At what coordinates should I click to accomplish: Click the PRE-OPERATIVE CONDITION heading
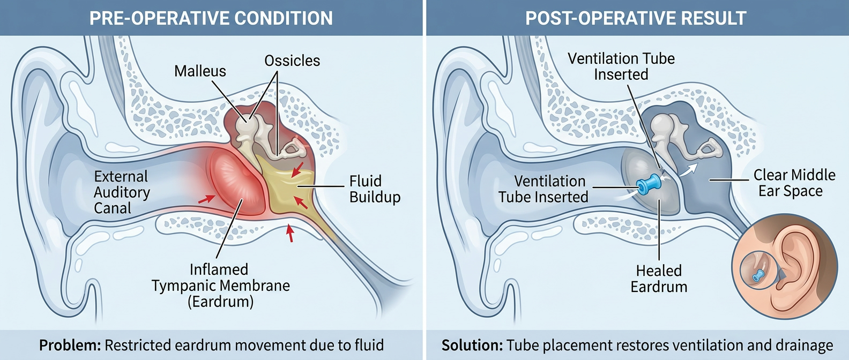211,18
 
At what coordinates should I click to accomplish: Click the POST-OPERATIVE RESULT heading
636,18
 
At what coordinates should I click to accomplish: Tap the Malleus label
200,71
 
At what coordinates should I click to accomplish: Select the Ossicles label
292,61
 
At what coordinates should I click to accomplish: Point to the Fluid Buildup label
375,189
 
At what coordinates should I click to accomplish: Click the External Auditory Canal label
122,192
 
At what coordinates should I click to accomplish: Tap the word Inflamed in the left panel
219,269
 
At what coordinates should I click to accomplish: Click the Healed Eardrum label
659,279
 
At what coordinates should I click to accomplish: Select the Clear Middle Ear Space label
794,183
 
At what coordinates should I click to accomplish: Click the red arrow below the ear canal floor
290,233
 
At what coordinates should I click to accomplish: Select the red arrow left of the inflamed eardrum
206,199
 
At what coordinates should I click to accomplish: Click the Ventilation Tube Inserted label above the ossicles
621,66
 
